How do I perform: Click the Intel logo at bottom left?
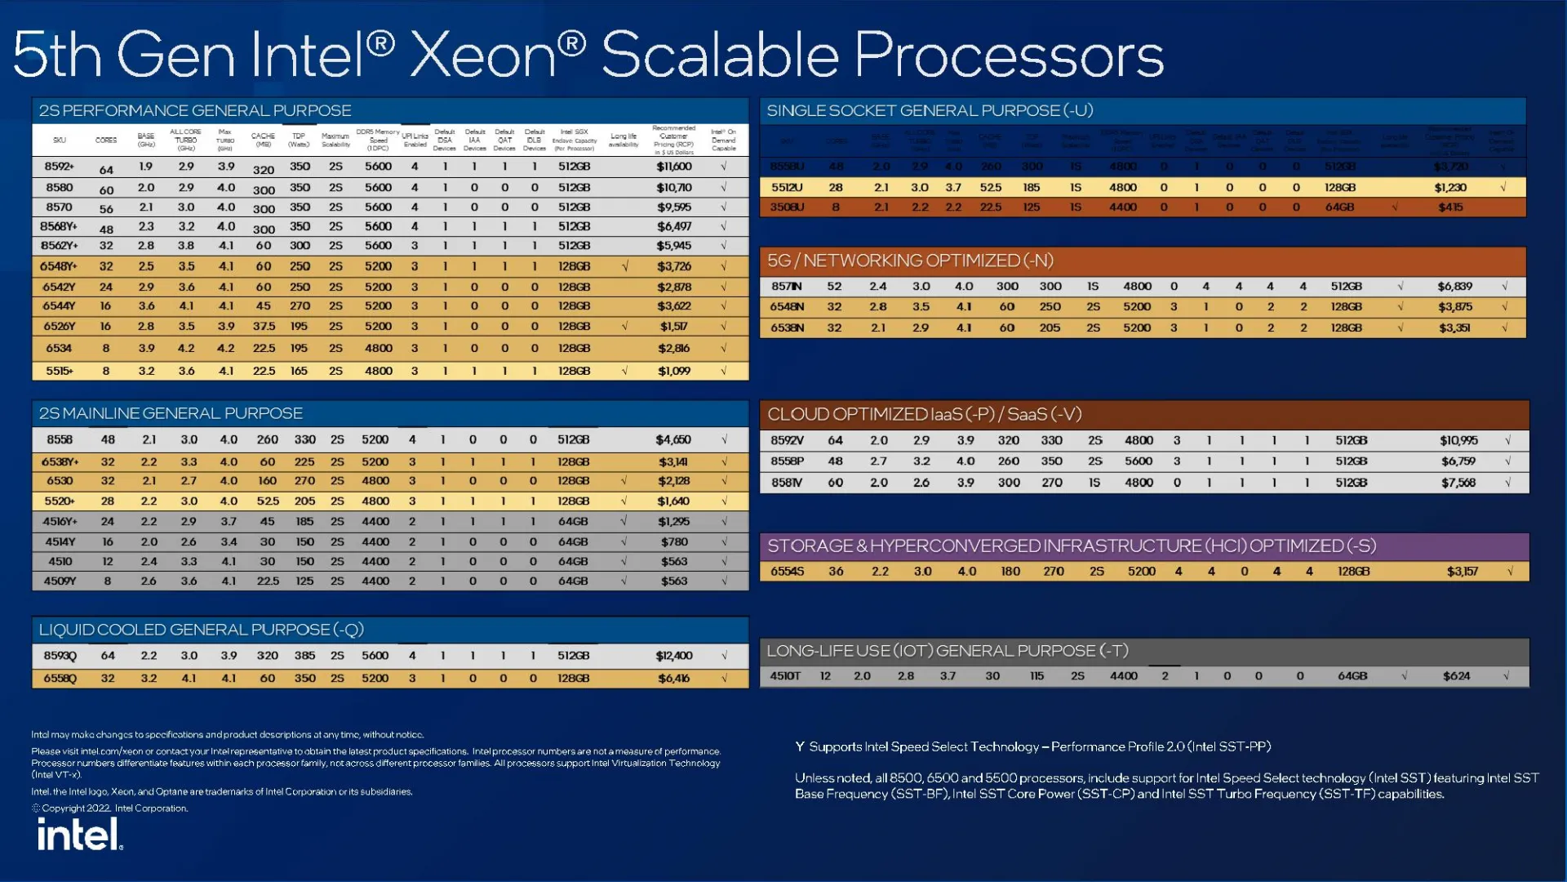coord(79,835)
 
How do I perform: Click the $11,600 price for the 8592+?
coord(674,167)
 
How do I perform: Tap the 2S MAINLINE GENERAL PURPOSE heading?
coord(171,413)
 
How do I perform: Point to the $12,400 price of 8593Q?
coord(674,656)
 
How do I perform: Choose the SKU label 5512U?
coord(787,187)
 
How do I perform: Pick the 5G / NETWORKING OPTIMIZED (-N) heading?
coord(910,261)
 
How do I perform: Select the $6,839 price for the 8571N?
coord(1454,287)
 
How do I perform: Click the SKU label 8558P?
coord(787,461)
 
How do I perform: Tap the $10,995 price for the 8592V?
coord(1458,440)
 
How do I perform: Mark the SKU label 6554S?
coord(787,572)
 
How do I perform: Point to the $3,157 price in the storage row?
coord(1462,572)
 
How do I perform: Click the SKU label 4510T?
coord(785,676)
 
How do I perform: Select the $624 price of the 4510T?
coord(1456,676)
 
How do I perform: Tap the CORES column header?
coord(106,140)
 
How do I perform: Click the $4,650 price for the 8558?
coord(673,440)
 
